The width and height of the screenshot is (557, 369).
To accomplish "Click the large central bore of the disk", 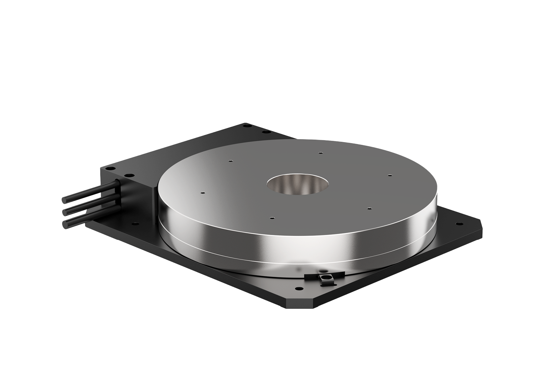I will pyautogui.click(x=297, y=186).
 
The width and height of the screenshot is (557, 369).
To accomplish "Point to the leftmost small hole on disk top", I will pyautogui.click(x=202, y=193).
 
